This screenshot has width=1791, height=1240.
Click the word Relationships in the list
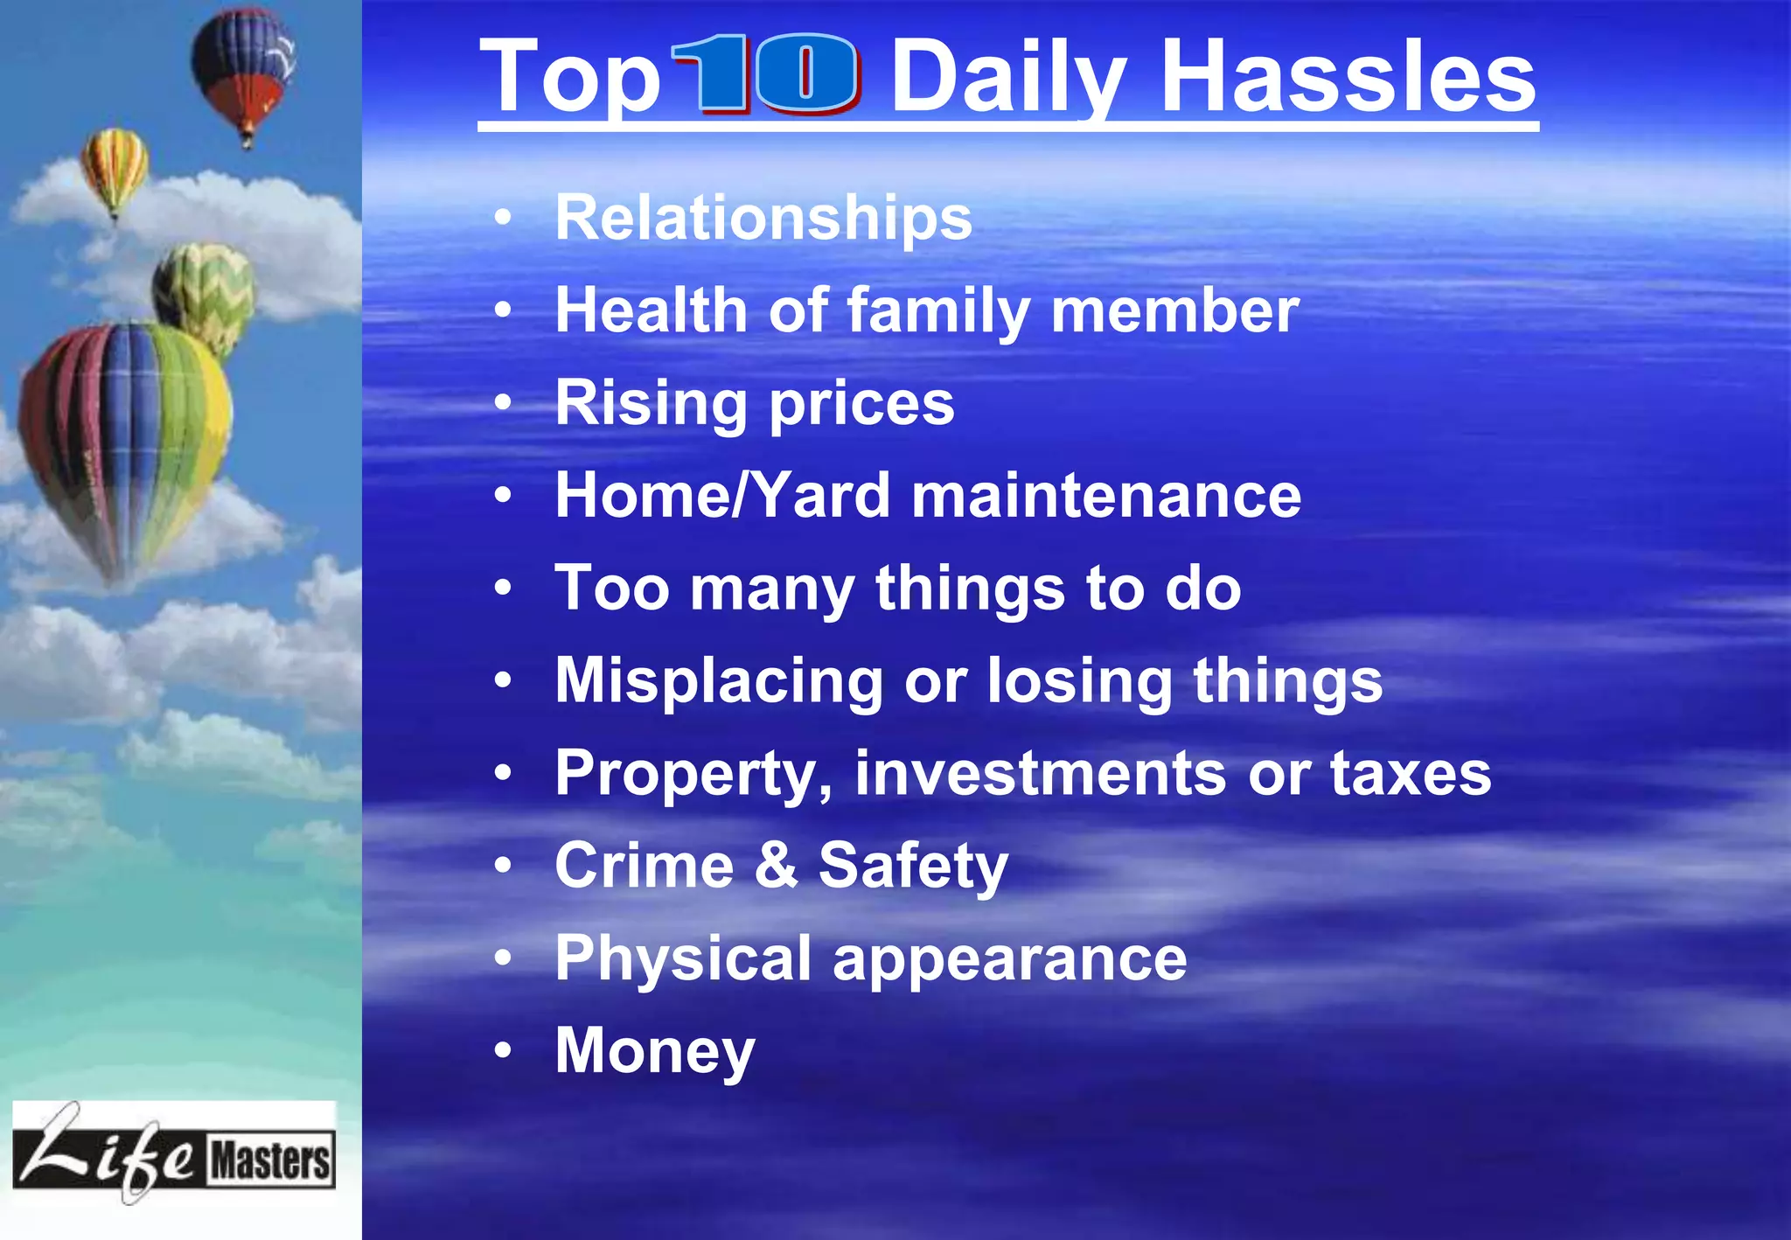coord(763,218)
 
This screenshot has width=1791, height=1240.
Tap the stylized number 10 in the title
coord(766,75)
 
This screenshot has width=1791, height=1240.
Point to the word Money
coord(655,1050)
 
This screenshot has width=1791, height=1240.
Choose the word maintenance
coord(1106,496)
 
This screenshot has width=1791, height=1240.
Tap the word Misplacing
coord(719,681)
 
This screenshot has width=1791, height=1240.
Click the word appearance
coord(1010,959)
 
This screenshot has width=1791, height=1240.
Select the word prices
coord(861,404)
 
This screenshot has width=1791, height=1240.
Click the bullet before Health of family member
coord(502,310)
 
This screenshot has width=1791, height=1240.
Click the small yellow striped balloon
coord(115,169)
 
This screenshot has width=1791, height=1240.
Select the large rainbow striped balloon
coord(125,437)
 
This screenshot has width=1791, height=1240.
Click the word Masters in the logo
coord(270,1160)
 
